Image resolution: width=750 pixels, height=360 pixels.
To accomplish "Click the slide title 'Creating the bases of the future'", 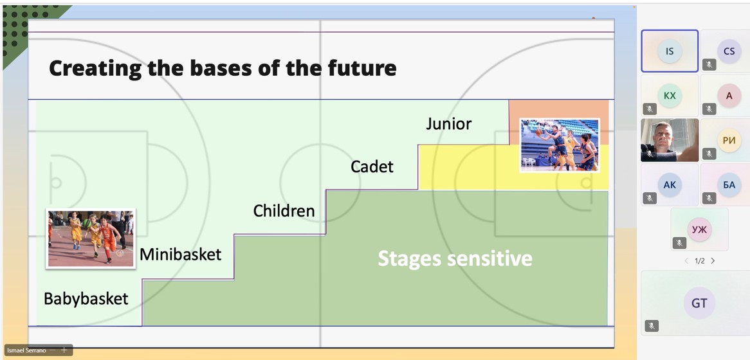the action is (x=223, y=68).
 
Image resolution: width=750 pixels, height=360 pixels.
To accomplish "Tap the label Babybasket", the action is (x=86, y=299).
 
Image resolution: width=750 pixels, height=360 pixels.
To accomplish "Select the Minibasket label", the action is (x=180, y=254).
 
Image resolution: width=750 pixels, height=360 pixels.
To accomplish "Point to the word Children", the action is (x=284, y=210).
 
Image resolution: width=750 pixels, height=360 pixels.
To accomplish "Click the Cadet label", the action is (x=372, y=166).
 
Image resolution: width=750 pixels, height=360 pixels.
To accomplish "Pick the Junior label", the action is (x=449, y=124).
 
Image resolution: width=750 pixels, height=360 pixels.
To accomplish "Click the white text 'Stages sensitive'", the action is (x=455, y=258).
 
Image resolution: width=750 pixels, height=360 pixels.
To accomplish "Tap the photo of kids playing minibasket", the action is (x=91, y=239).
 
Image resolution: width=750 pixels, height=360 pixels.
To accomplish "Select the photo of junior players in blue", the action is (x=560, y=145).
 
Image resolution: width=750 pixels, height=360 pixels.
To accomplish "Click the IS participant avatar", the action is (x=670, y=51).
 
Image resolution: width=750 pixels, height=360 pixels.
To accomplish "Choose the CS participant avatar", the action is (x=729, y=51).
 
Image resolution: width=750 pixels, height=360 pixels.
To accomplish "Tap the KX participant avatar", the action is (x=670, y=96).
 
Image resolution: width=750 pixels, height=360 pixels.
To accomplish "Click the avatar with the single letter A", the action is (x=729, y=96).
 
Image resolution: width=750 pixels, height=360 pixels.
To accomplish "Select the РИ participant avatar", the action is (x=729, y=140).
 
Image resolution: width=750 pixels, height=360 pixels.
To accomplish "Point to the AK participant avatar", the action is (x=670, y=184).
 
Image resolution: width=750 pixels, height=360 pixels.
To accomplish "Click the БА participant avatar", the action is (x=729, y=184).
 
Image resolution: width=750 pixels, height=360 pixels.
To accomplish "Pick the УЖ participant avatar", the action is (x=699, y=230).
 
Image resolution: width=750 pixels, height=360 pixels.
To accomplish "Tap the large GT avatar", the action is (x=699, y=303).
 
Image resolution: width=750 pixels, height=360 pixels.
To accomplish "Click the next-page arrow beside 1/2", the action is (x=713, y=261).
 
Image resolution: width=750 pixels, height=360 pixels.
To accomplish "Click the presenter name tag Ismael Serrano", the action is (x=27, y=350).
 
